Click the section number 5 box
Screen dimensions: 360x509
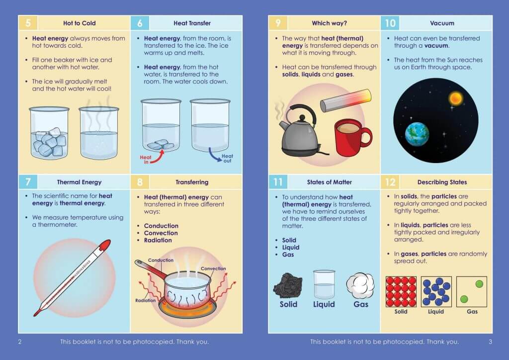28,23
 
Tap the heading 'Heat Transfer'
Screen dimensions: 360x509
192,23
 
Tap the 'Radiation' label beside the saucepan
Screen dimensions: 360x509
146,300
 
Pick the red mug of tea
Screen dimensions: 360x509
351,137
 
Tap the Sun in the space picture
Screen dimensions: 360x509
455,98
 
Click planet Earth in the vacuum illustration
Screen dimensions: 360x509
417,134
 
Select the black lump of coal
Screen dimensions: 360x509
288,285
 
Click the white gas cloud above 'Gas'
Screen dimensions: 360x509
360,285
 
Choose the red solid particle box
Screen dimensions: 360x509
401,291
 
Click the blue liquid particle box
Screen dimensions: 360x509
436,291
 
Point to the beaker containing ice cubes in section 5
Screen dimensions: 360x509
49,133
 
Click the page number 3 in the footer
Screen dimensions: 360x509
490,342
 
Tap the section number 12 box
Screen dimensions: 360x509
390,182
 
